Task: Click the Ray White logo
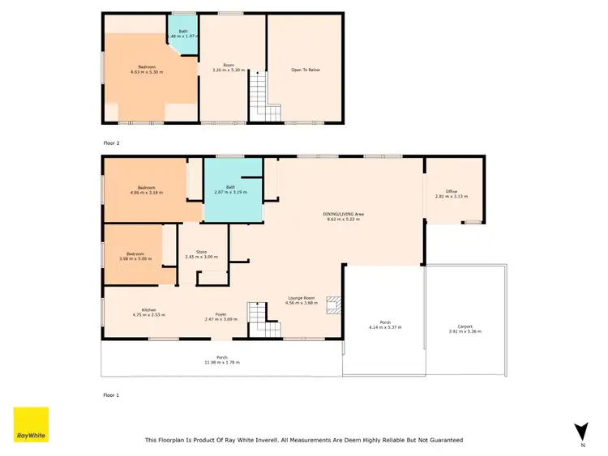(x=32, y=424)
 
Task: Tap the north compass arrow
(x=580, y=433)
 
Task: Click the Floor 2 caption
(x=111, y=142)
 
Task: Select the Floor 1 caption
(x=111, y=395)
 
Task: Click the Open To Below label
(x=306, y=70)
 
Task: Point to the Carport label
(x=465, y=326)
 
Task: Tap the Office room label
(x=452, y=192)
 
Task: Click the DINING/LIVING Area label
(x=344, y=215)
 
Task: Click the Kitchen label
(x=148, y=309)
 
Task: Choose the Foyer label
(x=220, y=314)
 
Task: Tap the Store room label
(x=201, y=252)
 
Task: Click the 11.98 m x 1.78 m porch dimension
(x=221, y=362)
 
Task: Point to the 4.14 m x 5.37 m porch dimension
(x=385, y=327)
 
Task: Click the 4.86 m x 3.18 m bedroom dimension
(x=147, y=193)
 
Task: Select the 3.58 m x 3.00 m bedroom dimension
(x=135, y=258)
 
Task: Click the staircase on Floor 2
(x=258, y=94)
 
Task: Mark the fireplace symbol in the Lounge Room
(x=332, y=305)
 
